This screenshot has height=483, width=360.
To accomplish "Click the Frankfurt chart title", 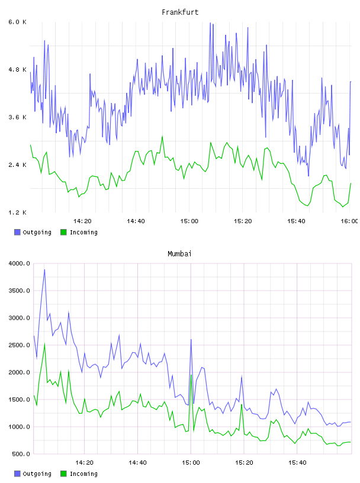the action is [180, 12].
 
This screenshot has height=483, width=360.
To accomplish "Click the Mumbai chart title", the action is [179, 254].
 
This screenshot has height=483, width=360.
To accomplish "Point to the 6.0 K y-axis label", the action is [18, 22].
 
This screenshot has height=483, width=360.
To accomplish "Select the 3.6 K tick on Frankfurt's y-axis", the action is [18, 117].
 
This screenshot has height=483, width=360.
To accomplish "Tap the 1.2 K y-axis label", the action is [18, 212].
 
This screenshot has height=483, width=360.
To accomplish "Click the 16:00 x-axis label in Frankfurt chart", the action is [349, 221].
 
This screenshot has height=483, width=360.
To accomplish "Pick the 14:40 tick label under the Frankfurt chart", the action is [136, 221].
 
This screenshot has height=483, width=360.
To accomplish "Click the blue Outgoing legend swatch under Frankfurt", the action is [17, 232].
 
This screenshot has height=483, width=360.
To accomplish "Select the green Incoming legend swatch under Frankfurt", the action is [63, 232].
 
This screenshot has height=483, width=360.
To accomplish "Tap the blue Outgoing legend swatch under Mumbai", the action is [17, 474].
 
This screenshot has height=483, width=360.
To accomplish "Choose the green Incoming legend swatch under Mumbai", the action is [63, 474].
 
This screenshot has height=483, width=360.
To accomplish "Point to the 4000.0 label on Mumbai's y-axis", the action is [20, 263].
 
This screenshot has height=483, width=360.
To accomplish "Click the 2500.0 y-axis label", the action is [20, 345].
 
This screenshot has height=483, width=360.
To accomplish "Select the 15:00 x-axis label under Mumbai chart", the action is [191, 463].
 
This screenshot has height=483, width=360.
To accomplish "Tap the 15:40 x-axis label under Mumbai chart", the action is [297, 463].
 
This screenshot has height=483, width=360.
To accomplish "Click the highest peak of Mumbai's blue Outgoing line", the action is [44, 270].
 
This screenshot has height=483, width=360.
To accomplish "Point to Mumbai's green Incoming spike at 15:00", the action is [191, 375].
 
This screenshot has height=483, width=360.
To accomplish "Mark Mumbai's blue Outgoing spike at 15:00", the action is [191, 340].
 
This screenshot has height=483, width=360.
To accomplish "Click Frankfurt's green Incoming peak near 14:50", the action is [162, 136].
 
